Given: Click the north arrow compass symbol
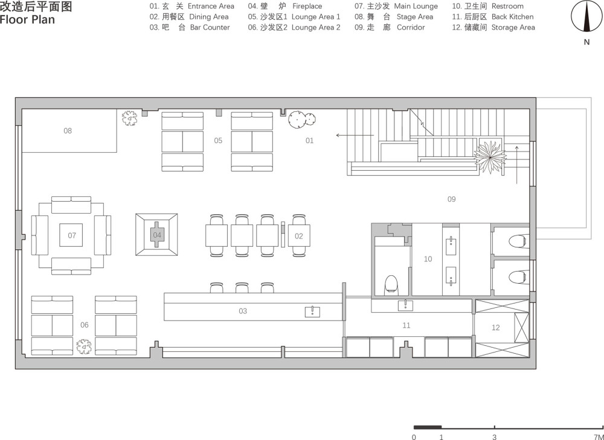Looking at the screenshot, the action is click(x=586, y=16).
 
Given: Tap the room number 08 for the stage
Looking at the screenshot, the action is click(x=68, y=131).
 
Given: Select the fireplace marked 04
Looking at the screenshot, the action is click(x=157, y=235).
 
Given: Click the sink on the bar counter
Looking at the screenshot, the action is click(x=312, y=312).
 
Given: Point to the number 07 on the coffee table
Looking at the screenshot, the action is click(x=72, y=235).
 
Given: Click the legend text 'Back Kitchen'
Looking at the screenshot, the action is click(x=512, y=17).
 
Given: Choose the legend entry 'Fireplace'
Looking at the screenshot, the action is click(x=307, y=6).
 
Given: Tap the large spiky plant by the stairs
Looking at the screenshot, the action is click(x=490, y=157).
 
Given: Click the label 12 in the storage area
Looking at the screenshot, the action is click(x=496, y=328).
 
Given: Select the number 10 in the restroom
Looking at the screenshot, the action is click(x=428, y=259).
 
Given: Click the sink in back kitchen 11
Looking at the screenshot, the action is click(x=406, y=305).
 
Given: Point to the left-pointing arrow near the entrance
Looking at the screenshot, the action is click(x=355, y=135).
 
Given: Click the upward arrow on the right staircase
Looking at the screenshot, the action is click(x=516, y=164).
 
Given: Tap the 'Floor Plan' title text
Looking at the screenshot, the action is click(x=27, y=20).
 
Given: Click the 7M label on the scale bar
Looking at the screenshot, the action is click(x=598, y=437).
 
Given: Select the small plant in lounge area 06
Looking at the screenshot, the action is click(x=83, y=346).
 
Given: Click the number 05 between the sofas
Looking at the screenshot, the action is click(x=218, y=141).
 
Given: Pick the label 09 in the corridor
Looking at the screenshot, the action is click(x=451, y=199).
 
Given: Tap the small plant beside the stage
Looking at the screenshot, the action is click(x=129, y=118).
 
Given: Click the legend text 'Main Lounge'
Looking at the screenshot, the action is click(x=416, y=6).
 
